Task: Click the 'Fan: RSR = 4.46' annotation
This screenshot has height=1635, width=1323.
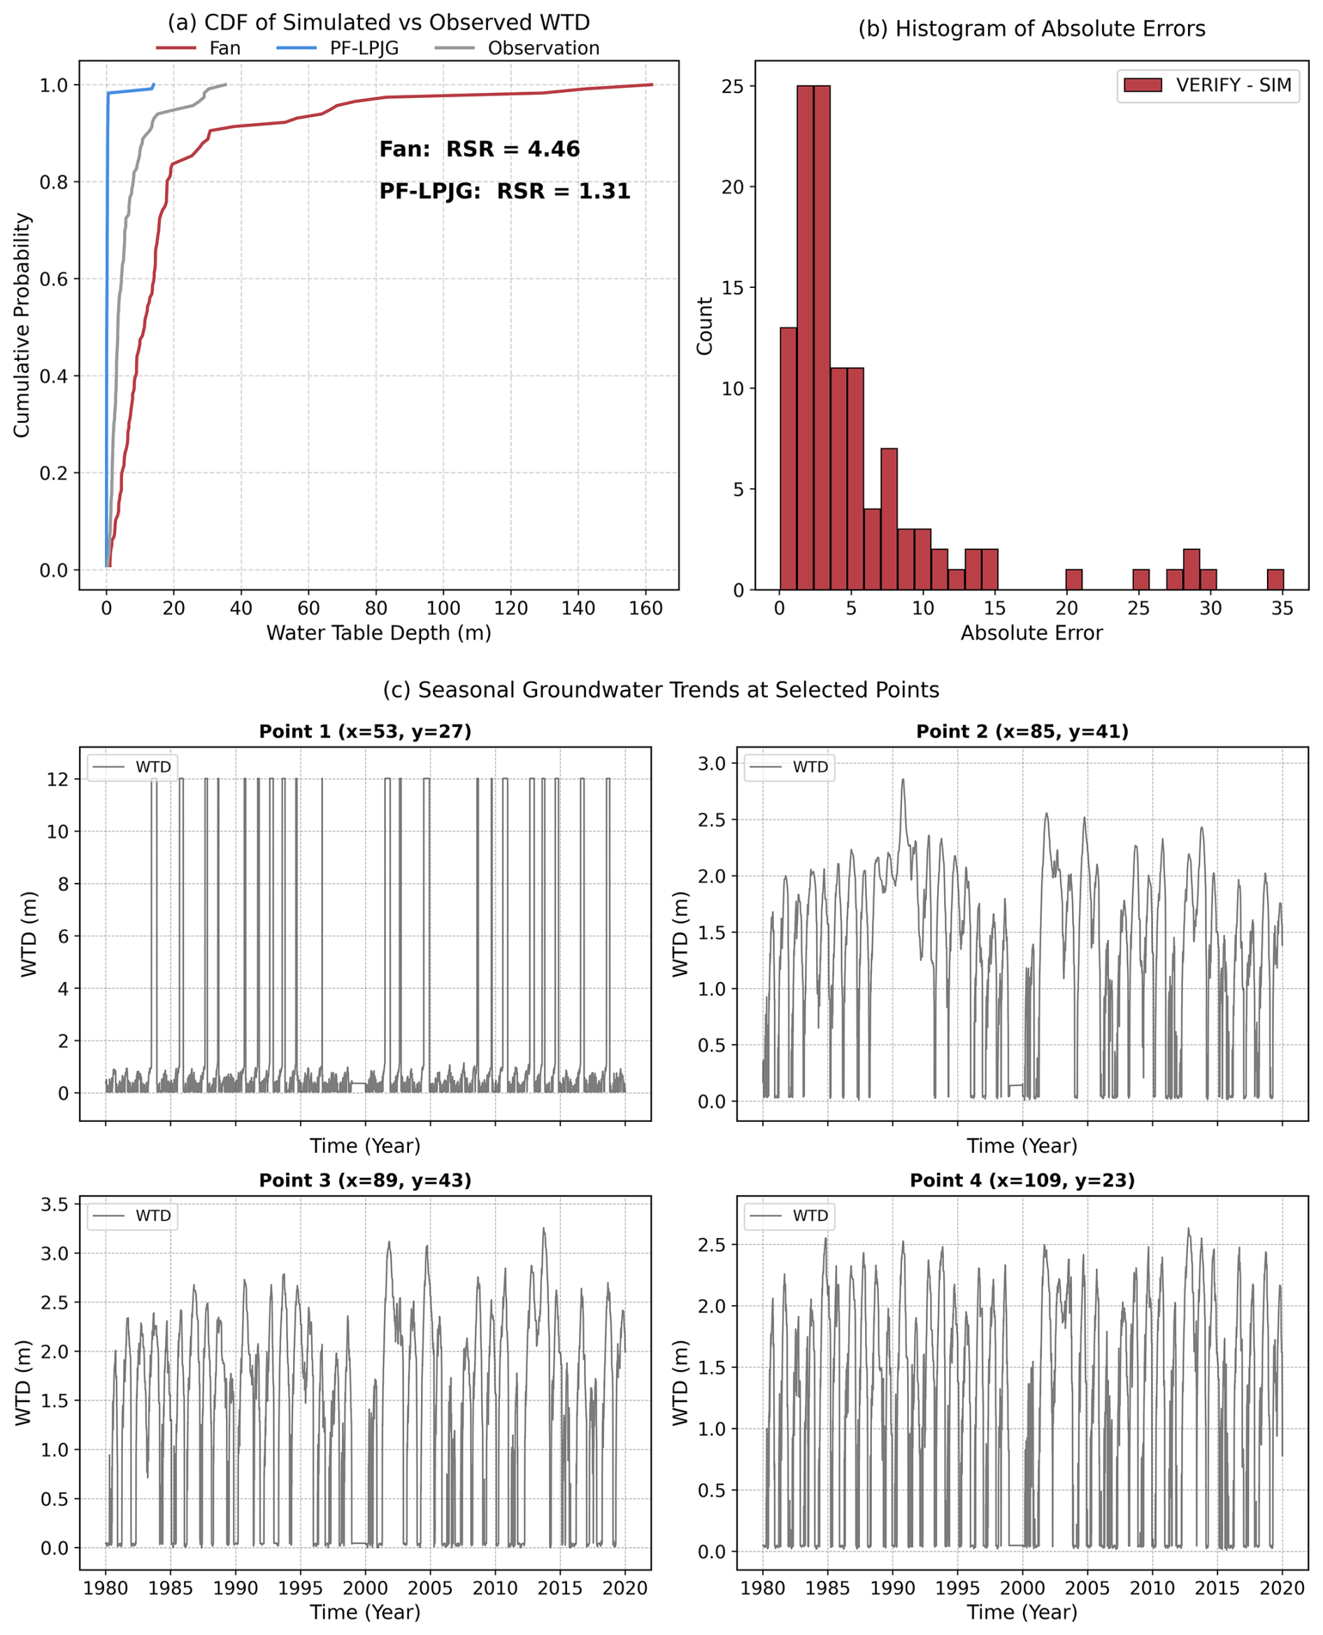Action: coord(480,150)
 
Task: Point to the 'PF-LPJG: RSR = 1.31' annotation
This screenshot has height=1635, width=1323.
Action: coord(504,192)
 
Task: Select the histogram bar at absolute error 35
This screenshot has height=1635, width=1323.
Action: coord(1275,579)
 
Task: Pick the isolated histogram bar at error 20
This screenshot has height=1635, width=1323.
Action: coord(1073,579)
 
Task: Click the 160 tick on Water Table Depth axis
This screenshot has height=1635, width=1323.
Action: coord(645,608)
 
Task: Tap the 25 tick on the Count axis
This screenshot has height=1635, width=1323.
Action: coord(732,87)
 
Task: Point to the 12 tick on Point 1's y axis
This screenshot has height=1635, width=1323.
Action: coord(57,779)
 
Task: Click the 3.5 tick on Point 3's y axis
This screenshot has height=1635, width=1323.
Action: coord(54,1204)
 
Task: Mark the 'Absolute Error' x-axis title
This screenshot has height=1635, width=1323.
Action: coord(1031,633)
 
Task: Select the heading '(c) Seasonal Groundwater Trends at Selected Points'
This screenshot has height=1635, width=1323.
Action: coord(661,690)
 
